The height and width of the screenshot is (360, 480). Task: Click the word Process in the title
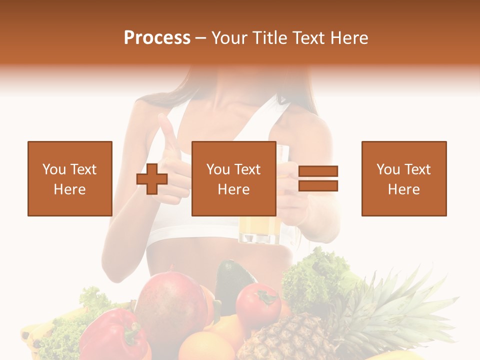pos(157,38)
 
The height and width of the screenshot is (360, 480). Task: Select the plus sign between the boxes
pos(152,179)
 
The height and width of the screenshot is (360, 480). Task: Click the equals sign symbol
pos(318,178)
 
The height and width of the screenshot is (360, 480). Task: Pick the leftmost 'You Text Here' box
pos(69,178)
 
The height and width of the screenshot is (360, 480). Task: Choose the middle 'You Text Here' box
pos(233,178)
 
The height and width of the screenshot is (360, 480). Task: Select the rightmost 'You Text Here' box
pos(403,178)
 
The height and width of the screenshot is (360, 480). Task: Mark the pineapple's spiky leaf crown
pos(390,300)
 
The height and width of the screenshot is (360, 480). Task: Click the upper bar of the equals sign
pos(318,171)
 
